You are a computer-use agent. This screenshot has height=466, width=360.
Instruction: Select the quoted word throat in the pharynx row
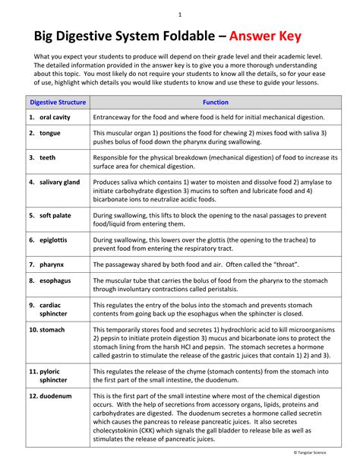[285, 264]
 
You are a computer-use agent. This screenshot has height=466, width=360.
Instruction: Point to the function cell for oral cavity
[209, 118]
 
